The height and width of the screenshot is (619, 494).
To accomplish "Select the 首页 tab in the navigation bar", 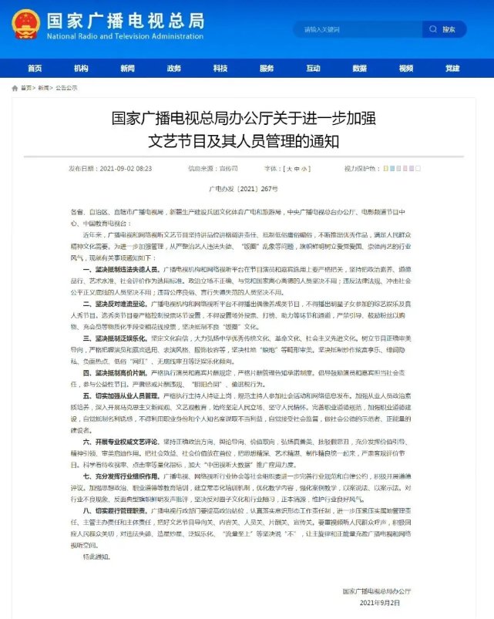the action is (x=35, y=68).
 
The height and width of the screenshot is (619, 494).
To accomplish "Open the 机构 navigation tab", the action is (x=81, y=68).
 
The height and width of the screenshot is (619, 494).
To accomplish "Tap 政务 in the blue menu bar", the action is (x=174, y=68).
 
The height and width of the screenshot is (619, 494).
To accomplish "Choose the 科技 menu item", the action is (x=221, y=68).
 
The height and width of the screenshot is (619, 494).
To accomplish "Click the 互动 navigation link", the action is (x=312, y=68).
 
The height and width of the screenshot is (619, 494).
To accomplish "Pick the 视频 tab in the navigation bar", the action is (x=405, y=68).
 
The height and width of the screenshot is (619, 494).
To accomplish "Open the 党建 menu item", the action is (x=452, y=68).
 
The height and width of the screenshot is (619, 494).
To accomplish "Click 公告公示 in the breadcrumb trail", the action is (x=66, y=89).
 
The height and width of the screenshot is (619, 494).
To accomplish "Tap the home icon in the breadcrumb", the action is (x=16, y=89).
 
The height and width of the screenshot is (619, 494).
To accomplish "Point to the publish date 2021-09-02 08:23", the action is (x=116, y=168).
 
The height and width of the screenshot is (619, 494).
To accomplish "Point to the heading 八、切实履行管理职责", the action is (x=116, y=510).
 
